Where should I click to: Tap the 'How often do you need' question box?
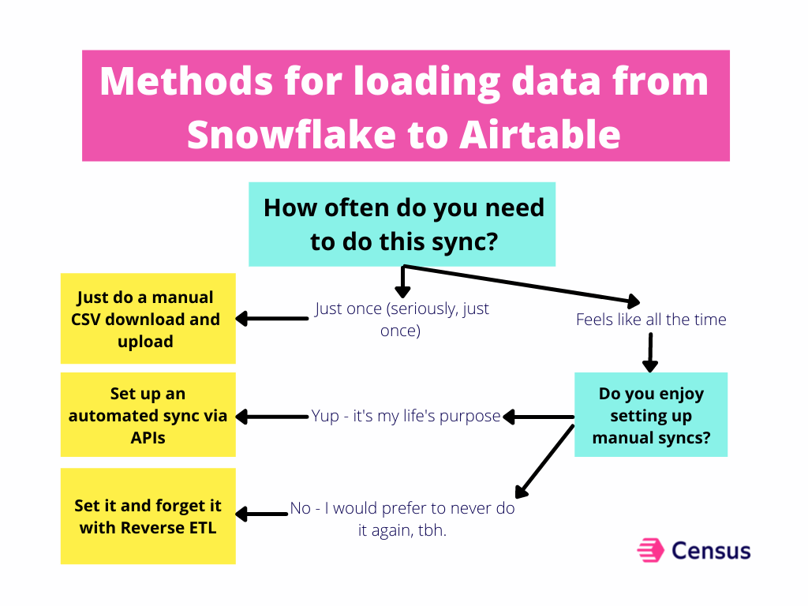(402, 224)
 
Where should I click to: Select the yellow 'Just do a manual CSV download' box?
(148, 319)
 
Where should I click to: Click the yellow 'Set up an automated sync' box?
(148, 415)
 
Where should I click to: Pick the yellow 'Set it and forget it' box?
(148, 516)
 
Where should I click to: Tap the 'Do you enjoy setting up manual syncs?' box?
(651, 415)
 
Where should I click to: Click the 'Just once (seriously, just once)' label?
(402, 319)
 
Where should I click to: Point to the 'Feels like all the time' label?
(651, 320)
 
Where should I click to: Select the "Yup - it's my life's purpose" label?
(406, 416)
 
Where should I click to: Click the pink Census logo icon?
(649, 550)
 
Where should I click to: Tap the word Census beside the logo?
(711, 550)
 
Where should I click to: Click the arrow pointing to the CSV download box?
(272, 319)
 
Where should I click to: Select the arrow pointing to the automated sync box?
(272, 416)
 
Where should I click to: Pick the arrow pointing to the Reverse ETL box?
(262, 514)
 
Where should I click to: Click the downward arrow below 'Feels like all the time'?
(649, 352)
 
